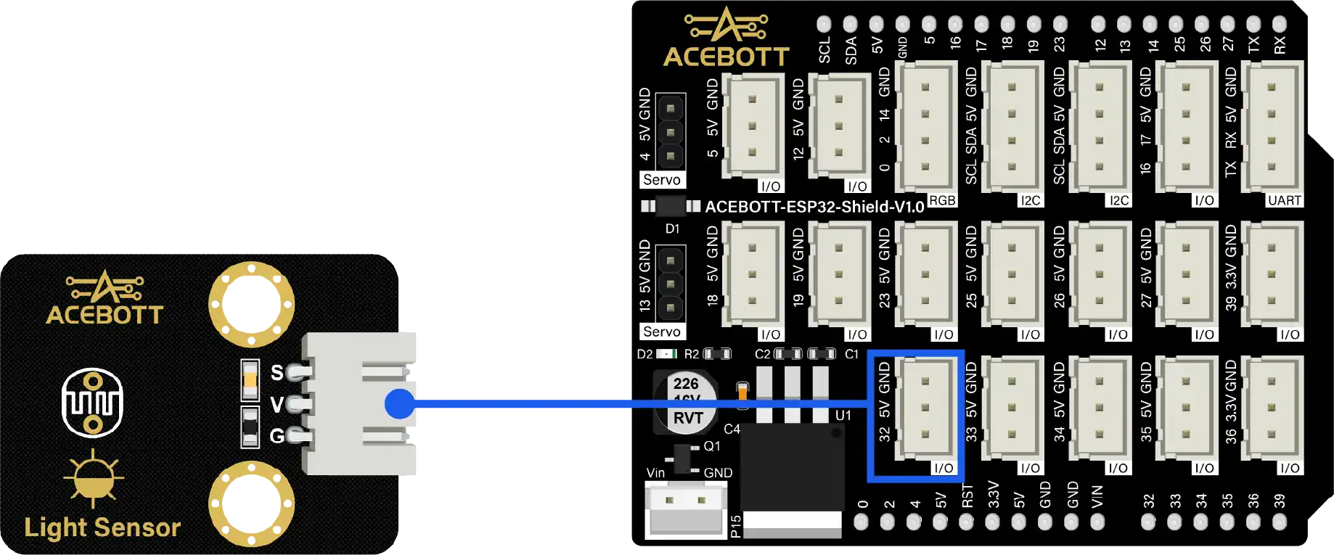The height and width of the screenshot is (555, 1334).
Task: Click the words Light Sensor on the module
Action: coord(102,527)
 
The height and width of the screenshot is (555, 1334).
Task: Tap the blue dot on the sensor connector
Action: coord(399,403)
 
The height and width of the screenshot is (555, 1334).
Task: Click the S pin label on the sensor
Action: coord(277,373)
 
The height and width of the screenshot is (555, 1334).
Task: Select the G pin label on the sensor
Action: coord(277,436)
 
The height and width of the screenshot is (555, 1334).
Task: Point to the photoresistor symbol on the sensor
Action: coord(92,403)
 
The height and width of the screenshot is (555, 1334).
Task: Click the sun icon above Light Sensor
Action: coord(94,478)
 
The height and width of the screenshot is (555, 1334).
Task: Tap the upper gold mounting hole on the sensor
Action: coord(251,305)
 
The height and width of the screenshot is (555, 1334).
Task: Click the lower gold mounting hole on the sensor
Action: coord(251,504)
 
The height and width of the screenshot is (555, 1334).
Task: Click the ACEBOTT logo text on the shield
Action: coord(726,57)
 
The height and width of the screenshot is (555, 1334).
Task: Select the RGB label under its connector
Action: coord(942,200)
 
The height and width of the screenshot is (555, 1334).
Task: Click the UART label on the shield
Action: coord(1284,200)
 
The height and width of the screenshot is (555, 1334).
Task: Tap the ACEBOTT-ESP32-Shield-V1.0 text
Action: coord(814,207)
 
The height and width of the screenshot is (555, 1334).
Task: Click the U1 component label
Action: coord(843,416)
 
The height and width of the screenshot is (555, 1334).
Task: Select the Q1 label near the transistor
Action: coord(712,446)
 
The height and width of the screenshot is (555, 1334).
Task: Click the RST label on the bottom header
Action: coord(967,496)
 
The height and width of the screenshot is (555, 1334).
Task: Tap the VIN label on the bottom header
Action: coord(1097,496)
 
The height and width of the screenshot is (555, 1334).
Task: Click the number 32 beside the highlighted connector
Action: coord(884,434)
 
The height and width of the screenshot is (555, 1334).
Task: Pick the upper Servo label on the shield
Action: coord(662,180)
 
